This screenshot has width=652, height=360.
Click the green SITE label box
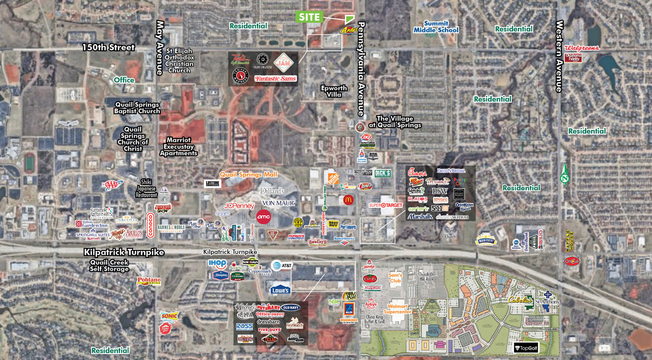coord(309,17)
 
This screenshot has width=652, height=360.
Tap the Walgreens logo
coord(582,48)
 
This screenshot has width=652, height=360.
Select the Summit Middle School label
coord(436,27)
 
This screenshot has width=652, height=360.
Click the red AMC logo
coord(264,216)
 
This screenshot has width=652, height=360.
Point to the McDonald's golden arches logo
coord(348,200)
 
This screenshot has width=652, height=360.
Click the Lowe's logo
coord(280,290)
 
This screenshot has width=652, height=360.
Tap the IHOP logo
coord(217,263)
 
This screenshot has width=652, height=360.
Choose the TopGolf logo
coord(526,348)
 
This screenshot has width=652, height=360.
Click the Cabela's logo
coord(520,300)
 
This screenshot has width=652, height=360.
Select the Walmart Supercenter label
coord(397,309)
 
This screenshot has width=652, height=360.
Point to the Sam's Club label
coord(395,278)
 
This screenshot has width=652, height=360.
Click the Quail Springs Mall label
coord(249,174)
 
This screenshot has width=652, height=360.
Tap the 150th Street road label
coord(108,47)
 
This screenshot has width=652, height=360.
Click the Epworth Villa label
coord(334,91)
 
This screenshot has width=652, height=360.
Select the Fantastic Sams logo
coord(275,79)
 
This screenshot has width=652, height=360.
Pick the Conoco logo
coord(150,225)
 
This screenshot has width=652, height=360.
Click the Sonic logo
coord(169,316)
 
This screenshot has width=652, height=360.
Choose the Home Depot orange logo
coord(333,178)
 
